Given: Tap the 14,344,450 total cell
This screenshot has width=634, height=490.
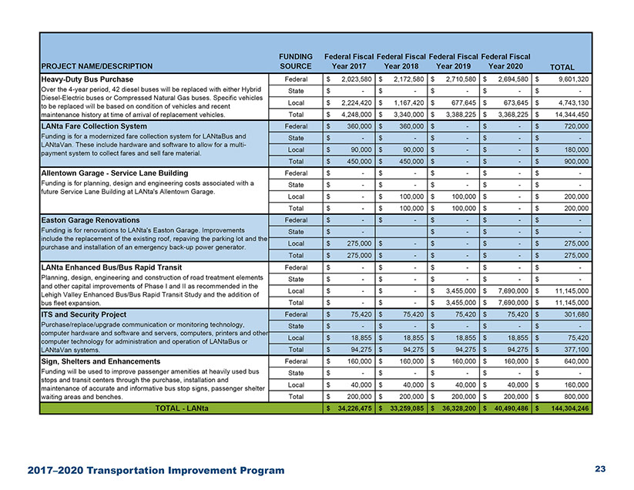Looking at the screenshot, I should (568, 115).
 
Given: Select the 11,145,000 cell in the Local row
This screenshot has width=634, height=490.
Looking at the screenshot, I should (568, 291).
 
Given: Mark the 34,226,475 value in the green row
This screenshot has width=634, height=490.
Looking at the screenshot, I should (351, 408).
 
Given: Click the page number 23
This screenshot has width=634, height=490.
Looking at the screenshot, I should (601, 469).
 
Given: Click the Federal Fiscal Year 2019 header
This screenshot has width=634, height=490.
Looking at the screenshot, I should (454, 62).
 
